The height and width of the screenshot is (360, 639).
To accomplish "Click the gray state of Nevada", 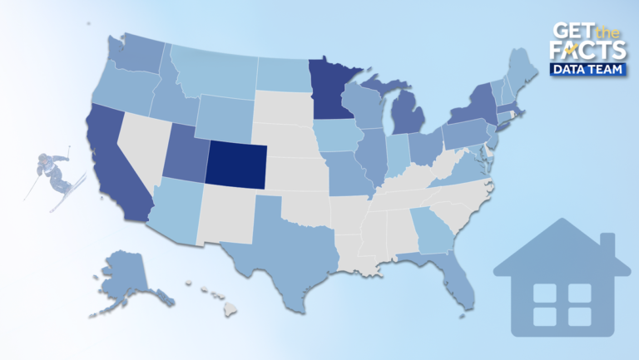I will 146,150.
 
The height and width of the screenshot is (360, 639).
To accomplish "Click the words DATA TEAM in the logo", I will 587,71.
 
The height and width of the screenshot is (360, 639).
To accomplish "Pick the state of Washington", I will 138,54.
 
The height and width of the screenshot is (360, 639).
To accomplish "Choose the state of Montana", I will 212,71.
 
